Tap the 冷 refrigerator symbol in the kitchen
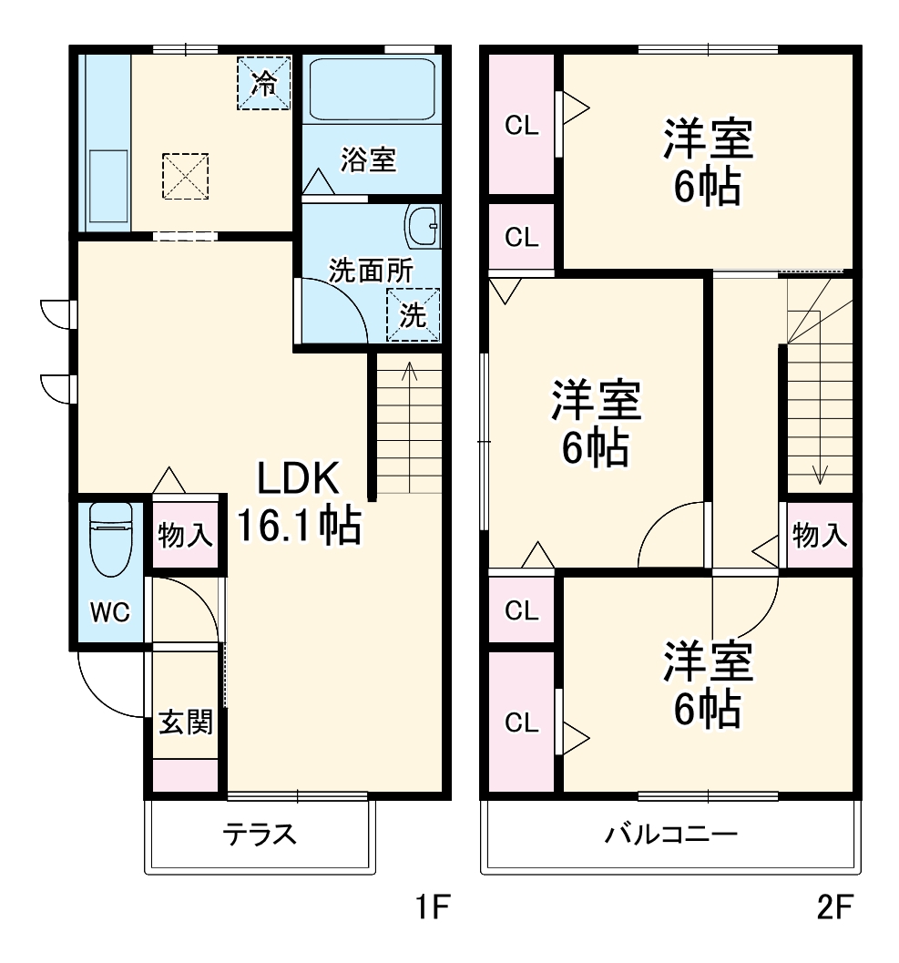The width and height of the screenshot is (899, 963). (x=264, y=84)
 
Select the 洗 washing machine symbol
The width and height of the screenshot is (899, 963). (x=413, y=315)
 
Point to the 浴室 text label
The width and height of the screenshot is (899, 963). (x=368, y=159)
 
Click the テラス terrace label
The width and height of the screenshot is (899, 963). (x=260, y=835)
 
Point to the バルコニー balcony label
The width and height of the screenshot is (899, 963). (x=671, y=835)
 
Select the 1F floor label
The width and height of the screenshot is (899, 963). (x=430, y=907)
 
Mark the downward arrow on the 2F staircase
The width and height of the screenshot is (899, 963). (x=820, y=474)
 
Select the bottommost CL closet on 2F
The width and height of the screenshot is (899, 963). (x=522, y=722)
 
